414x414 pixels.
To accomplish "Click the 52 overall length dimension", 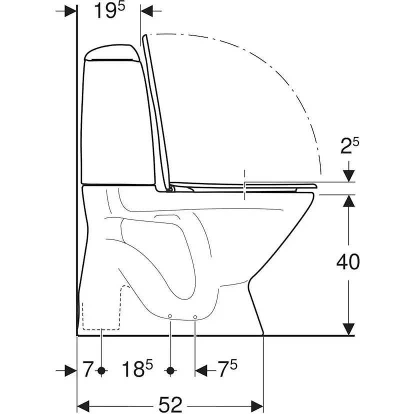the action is coord(170,404).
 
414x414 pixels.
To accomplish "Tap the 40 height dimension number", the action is coord(348,262).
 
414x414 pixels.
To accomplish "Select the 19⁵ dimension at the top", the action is coord(109,10).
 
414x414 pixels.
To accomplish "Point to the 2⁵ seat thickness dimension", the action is coord(349,146).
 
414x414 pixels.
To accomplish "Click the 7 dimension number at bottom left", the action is coord(88,369).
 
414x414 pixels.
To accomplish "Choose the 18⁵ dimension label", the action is coord(137,369).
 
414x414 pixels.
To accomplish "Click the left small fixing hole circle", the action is coord(170,316).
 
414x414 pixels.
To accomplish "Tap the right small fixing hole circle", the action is coord(195,317).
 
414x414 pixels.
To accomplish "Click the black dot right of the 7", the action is coord(101,370).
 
